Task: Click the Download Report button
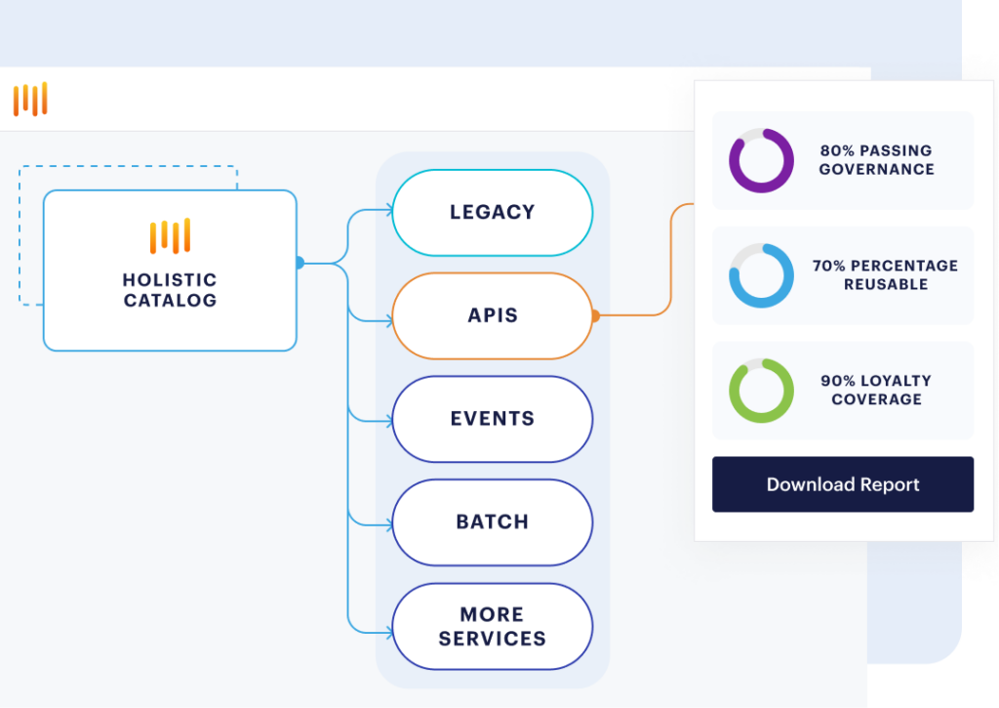(842, 484)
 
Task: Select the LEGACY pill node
(493, 213)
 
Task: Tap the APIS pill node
(493, 315)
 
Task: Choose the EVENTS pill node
(493, 419)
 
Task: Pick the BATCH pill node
(493, 522)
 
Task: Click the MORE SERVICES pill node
(493, 626)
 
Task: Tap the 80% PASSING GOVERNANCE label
(877, 160)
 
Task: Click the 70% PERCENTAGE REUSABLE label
(886, 275)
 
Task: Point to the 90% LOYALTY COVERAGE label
(877, 390)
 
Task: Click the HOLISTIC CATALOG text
(170, 290)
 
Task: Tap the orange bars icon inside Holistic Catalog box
(170, 236)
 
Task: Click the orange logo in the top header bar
(30, 100)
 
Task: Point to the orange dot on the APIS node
(596, 315)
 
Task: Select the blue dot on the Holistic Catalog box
(300, 262)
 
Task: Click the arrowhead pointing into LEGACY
(390, 210)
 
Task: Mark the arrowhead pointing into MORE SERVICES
(390, 633)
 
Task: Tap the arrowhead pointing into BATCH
(390, 525)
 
